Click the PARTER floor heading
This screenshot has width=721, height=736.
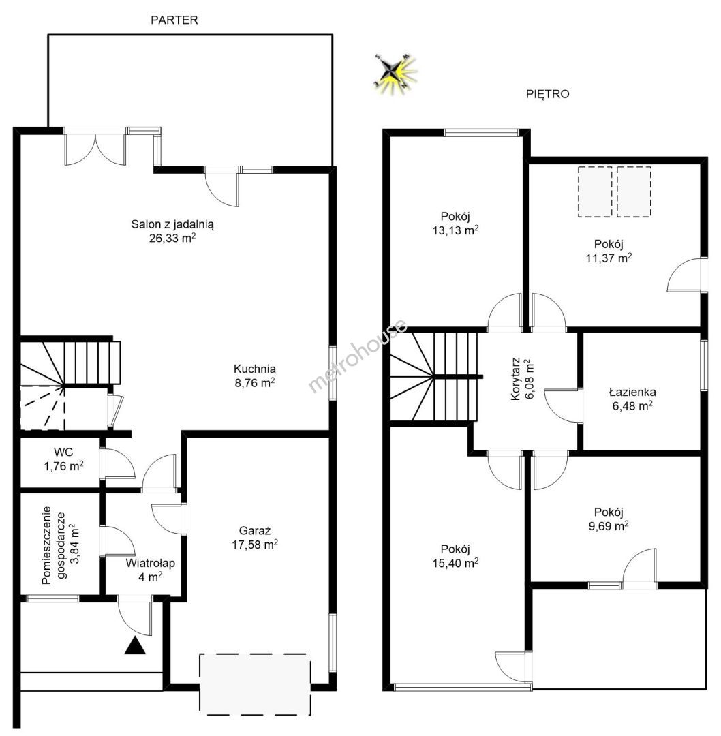coord(174,20)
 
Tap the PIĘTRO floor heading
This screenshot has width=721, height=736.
coord(547,94)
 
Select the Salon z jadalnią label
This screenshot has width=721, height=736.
coord(172,224)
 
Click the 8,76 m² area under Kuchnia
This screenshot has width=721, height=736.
coord(255,382)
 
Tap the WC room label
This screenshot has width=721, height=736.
coord(63,452)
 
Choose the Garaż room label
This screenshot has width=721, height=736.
coord(255,531)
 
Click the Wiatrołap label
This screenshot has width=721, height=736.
coord(150,563)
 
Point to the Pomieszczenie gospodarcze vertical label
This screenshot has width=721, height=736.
coord(53,545)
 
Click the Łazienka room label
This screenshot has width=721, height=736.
coord(632,392)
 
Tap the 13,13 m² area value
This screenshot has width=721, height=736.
coord(455,230)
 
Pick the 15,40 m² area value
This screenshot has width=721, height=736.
coord(455,563)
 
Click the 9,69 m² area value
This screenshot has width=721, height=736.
coord(609,525)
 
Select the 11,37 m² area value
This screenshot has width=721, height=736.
coord(609,258)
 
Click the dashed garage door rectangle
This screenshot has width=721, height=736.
coord(256,684)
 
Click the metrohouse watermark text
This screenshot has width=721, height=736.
coord(358,355)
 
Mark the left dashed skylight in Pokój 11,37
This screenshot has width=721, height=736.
coord(595,191)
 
